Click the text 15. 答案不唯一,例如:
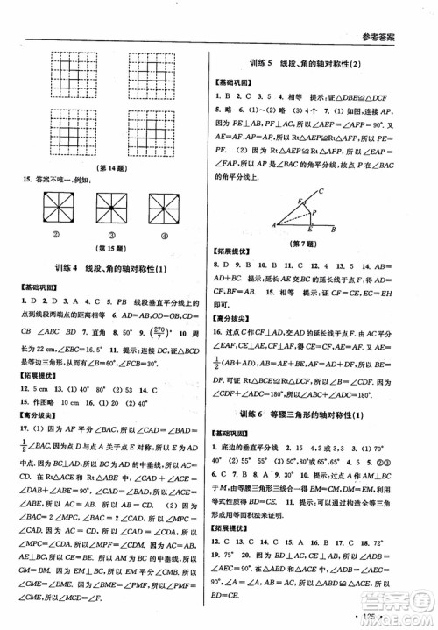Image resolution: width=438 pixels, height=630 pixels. click(x=70, y=180)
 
